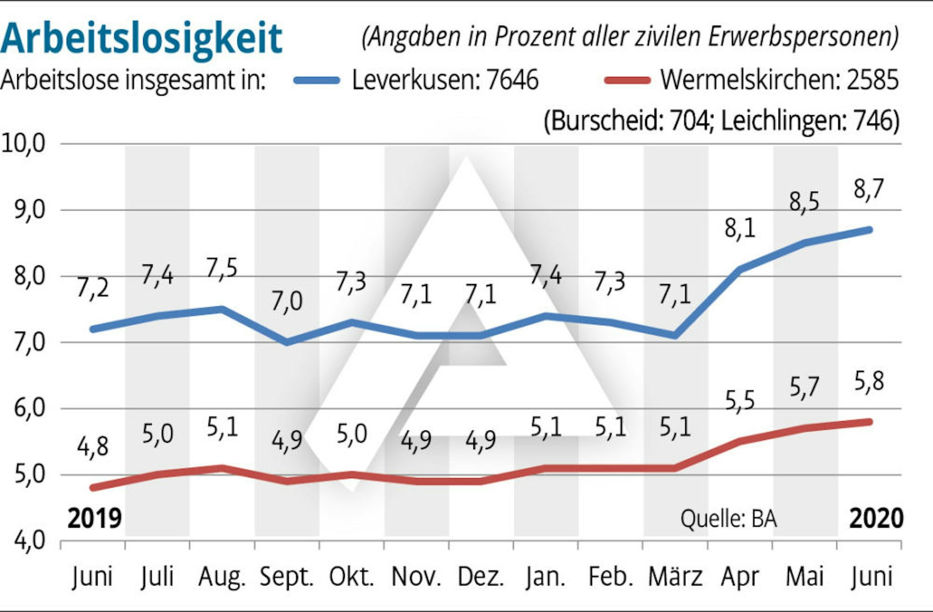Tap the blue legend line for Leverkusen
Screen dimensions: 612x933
[317, 80]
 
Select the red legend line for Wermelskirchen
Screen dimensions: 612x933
[627, 80]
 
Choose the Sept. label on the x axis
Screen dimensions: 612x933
[286, 577]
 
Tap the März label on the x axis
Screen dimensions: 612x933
[675, 577]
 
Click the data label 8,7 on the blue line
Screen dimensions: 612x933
[869, 189]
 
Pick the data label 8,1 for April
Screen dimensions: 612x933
[740, 229]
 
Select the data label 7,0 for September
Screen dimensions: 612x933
[286, 301]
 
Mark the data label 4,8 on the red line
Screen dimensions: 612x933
[92, 446]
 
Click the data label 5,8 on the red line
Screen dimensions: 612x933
[869, 381]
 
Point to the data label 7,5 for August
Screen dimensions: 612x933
[222, 269]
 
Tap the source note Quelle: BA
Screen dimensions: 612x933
[728, 519]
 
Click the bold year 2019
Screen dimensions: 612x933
[94, 519]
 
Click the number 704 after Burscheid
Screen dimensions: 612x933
[690, 121]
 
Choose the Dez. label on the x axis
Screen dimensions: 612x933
[480, 577]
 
